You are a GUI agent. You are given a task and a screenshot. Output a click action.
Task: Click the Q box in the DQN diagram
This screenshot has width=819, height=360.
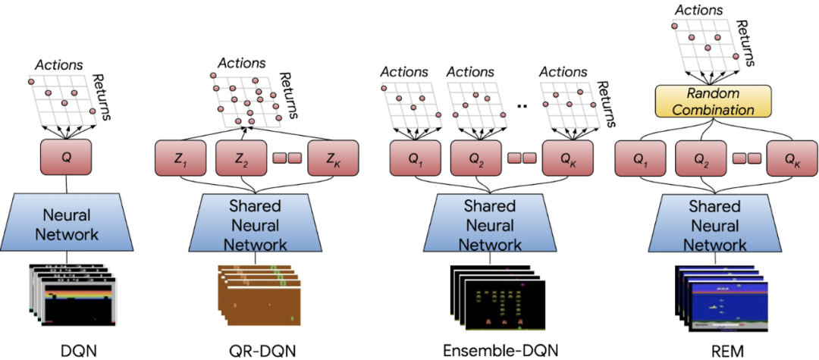66,157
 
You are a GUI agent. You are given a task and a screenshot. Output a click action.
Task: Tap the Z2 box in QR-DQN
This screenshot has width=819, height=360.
240,158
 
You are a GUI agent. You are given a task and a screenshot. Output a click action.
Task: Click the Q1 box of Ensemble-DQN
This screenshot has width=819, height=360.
415,158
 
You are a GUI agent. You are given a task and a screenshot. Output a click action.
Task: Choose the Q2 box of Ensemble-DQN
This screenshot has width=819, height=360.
476,158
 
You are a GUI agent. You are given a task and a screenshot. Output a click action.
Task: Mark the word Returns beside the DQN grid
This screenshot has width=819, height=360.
102,97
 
